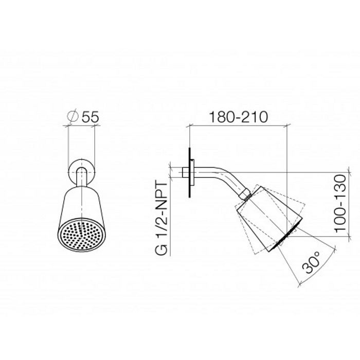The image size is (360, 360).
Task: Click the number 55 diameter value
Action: pyautogui.click(x=90, y=117)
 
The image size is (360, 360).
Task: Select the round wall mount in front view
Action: pyautogui.click(x=82, y=170)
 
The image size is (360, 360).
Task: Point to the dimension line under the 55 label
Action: pyautogui.click(x=82, y=124)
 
